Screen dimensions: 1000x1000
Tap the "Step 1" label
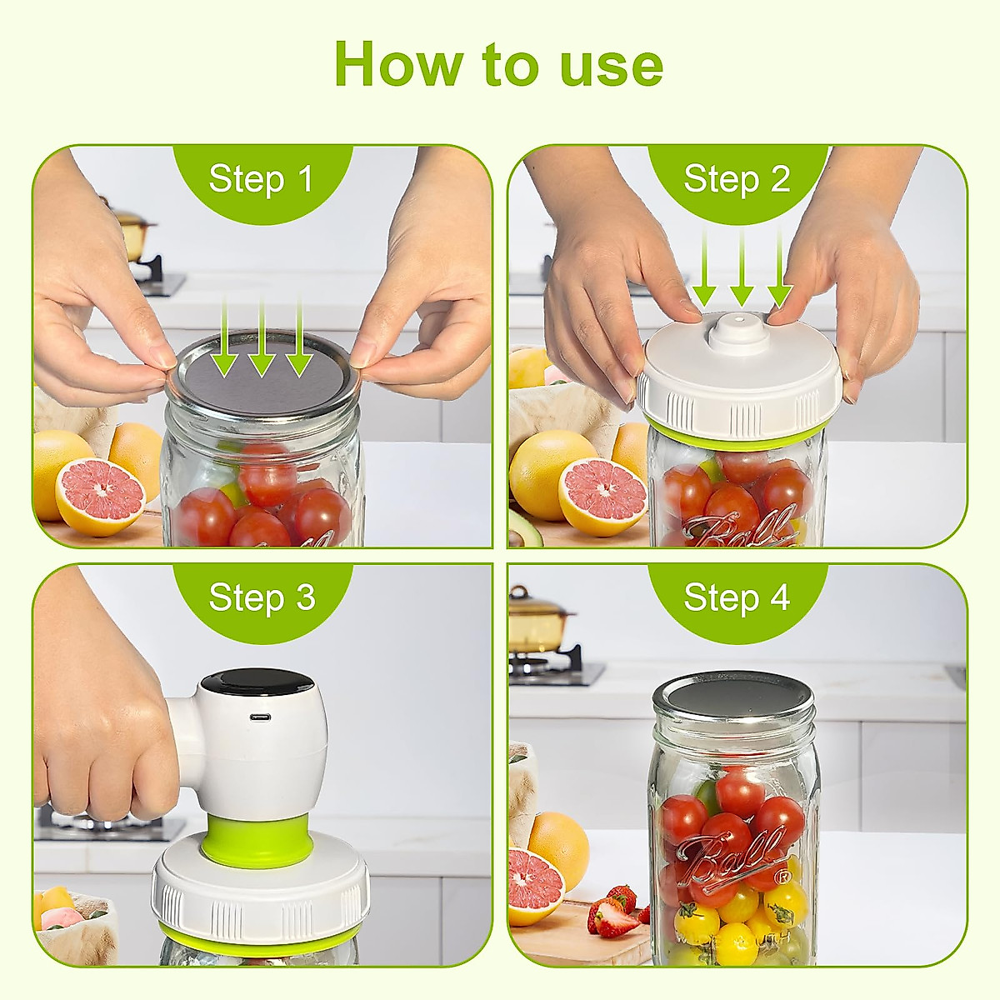click(x=261, y=179)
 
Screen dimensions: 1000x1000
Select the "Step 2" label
click(x=737, y=179)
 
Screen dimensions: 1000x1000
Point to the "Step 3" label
click(x=262, y=597)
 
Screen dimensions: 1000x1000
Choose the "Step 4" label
click(x=737, y=597)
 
